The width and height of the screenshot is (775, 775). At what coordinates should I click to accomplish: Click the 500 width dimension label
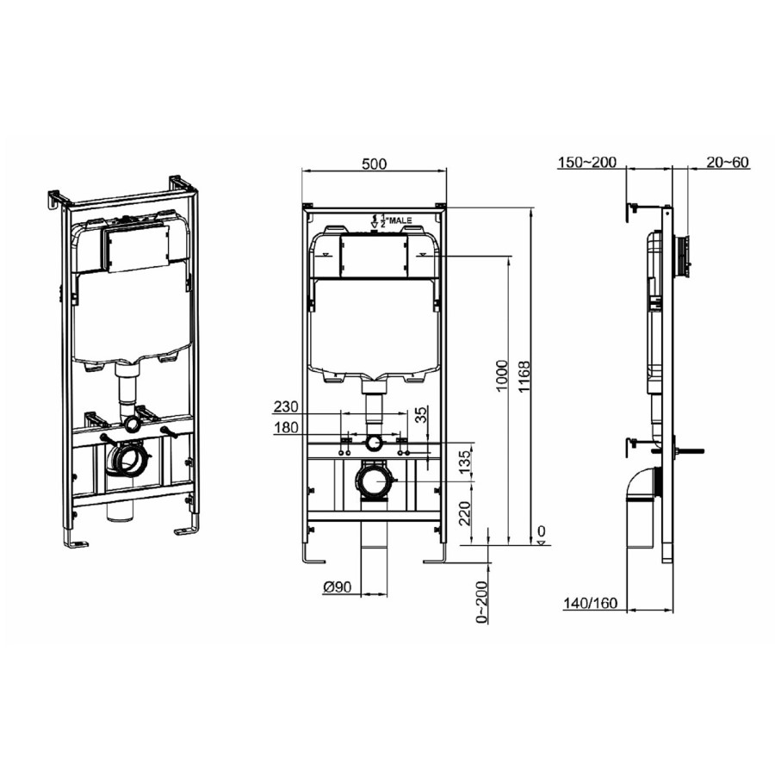[375, 164]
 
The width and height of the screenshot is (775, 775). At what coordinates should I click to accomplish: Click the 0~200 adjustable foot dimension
[482, 600]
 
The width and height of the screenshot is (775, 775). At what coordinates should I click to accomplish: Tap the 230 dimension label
[286, 406]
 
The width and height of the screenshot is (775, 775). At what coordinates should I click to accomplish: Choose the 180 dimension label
[286, 428]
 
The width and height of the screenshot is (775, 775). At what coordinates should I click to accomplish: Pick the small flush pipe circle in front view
[374, 443]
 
